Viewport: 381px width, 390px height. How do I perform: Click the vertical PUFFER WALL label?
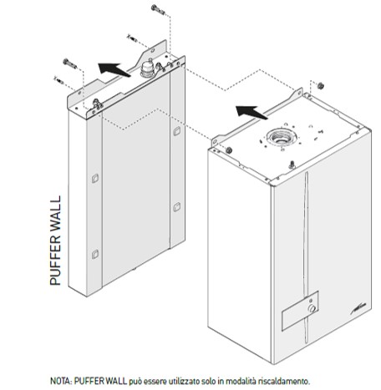click(x=55, y=241)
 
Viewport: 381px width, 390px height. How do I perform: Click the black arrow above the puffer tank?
click(x=114, y=69)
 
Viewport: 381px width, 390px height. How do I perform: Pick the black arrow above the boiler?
click(x=251, y=112)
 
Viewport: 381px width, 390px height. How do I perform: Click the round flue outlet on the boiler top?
click(x=281, y=138)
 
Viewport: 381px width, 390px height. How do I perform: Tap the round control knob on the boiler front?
click(x=312, y=308)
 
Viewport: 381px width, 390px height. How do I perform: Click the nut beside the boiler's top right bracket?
click(x=320, y=85)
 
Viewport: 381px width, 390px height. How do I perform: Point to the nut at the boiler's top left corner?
click(x=229, y=150)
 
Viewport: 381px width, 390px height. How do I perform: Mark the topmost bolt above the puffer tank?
click(x=158, y=9)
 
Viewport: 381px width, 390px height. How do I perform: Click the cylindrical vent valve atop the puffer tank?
click(x=146, y=68)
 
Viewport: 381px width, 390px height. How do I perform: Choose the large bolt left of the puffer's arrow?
click(x=70, y=63)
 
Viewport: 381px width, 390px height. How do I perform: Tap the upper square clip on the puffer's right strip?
click(x=177, y=131)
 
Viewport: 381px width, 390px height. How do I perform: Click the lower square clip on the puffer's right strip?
click(x=177, y=207)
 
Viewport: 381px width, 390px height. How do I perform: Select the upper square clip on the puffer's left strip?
click(x=95, y=178)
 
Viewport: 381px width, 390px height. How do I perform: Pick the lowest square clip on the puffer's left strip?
click(x=95, y=254)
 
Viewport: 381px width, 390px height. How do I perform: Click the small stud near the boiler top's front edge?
click(x=292, y=165)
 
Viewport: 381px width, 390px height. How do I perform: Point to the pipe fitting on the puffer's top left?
click(x=97, y=104)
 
